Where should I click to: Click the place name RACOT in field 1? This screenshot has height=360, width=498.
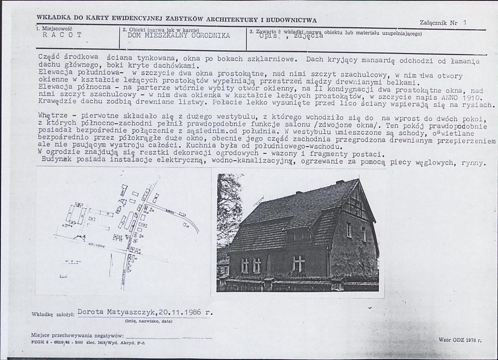coord(62,35)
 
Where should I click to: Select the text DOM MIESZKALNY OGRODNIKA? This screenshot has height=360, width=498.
coord(179,35)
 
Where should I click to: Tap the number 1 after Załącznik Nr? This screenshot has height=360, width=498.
coord(464,23)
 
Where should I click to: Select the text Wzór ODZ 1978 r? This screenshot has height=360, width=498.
coord(460,340)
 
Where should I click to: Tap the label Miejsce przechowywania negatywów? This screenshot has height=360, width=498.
coord(77,335)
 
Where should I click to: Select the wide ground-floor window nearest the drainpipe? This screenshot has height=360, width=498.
coord(299,263)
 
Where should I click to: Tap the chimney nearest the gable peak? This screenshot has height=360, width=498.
coord(340,182)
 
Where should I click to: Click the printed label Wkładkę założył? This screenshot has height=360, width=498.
coord(53,314)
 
